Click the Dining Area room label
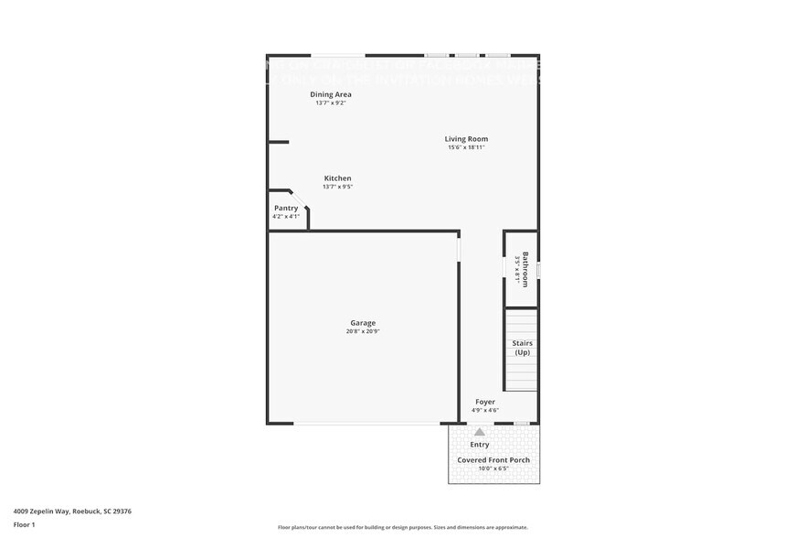[x=331, y=94]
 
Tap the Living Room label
[x=466, y=139]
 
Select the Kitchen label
[x=337, y=178]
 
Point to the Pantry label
[x=286, y=209]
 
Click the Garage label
[x=363, y=323]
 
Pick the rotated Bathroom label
[x=525, y=270]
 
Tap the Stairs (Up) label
[x=522, y=348]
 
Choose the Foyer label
[x=485, y=402]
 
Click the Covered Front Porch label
[x=493, y=460]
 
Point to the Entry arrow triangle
[x=480, y=432]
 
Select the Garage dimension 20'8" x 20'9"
[x=363, y=331]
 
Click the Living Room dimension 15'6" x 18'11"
[x=466, y=147]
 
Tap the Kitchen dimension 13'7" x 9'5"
[x=337, y=187]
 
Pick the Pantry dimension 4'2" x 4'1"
[x=286, y=217]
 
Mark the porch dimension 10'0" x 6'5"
[x=493, y=468]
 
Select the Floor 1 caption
[x=24, y=524]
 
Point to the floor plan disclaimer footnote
[x=403, y=527]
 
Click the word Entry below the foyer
[x=480, y=445]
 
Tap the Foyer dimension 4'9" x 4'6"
[x=485, y=410]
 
